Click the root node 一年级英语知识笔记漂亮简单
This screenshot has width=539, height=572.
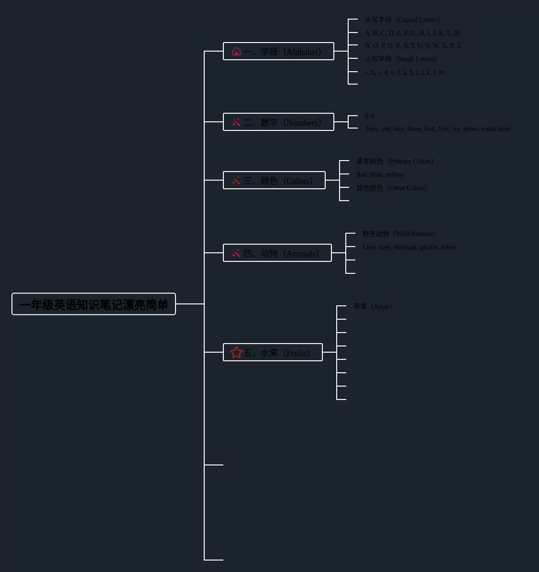(94, 304)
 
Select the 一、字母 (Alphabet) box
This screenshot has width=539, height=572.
(278, 51)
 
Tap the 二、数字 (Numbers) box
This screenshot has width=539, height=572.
(278, 122)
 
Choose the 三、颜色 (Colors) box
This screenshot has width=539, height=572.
(274, 180)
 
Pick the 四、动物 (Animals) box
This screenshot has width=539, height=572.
(277, 253)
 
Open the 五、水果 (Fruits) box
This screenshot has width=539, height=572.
(273, 352)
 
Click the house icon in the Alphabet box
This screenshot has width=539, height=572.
(236, 51)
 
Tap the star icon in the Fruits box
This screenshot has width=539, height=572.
(236, 352)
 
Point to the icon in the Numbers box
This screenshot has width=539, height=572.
(236, 122)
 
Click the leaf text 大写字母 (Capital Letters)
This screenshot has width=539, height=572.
(403, 20)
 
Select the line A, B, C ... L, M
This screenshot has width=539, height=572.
(412, 33)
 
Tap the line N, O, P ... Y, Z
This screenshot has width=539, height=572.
(413, 45)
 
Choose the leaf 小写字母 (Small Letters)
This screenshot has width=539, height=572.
(401, 59)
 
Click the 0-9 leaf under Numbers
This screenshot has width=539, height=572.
(369, 116)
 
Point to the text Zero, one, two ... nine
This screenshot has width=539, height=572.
(437, 129)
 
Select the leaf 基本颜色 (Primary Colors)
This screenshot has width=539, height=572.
(395, 161)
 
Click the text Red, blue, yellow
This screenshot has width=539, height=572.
(380, 174)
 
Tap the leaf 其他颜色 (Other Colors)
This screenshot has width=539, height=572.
(392, 188)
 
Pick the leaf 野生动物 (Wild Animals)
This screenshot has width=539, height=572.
(399, 234)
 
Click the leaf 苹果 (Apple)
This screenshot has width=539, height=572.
(373, 306)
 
